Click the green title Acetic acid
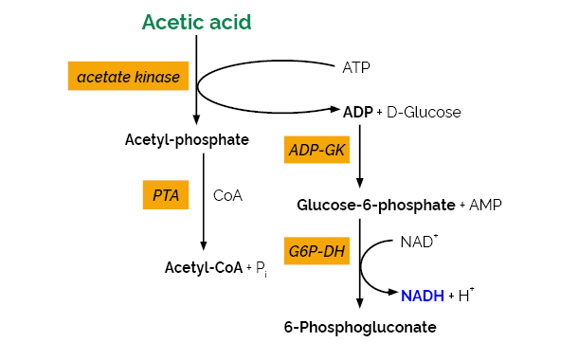[197, 22]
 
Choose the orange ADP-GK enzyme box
[316, 150]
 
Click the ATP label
[356, 67]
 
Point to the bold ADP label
[357, 112]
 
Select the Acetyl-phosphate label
[187, 140]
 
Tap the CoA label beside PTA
[228, 195]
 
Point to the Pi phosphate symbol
[261, 269]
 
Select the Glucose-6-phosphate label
[375, 205]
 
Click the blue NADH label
[422, 296]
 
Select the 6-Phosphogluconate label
[360, 328]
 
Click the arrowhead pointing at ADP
[334, 111]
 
